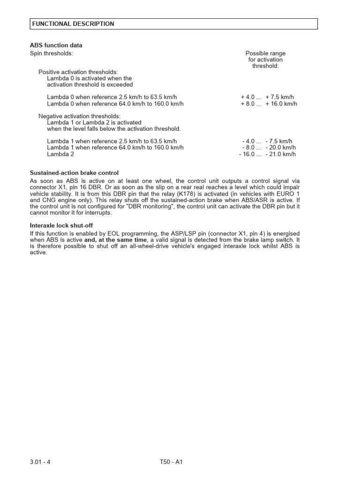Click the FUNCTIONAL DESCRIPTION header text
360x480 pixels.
73,24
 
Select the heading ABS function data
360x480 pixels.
56,45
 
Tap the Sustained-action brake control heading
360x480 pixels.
74,173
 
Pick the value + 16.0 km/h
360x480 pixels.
281,104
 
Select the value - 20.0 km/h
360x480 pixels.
281,147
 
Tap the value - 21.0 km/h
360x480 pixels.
281,154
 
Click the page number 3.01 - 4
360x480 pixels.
40,462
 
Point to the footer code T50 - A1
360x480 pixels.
171,462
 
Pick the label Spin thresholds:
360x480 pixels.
52,53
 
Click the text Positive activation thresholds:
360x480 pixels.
78,72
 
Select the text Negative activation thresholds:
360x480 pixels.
79,116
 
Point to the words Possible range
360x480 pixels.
265,53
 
